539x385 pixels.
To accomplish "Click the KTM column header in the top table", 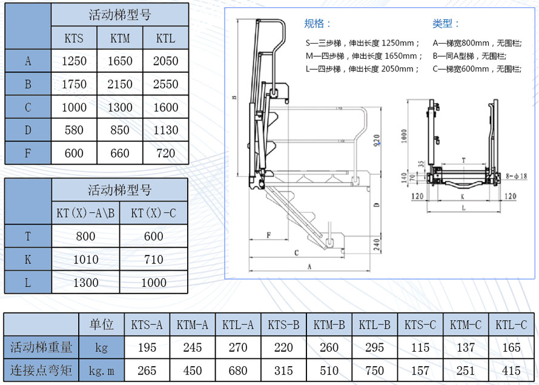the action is [x=120, y=38].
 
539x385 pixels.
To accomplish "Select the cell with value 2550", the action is [x=166, y=84].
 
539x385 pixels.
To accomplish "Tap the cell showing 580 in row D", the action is [x=74, y=130].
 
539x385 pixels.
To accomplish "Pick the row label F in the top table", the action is [x=28, y=153].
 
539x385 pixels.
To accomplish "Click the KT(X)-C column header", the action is [x=154, y=213].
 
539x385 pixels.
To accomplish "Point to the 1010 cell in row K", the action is [x=85, y=259].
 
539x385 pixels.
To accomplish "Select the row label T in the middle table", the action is [x=28, y=236].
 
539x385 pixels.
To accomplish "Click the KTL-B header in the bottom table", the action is [x=374, y=324].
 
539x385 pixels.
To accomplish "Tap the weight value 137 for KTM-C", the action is [x=466, y=347].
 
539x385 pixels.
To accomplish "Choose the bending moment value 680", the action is [x=238, y=370].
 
